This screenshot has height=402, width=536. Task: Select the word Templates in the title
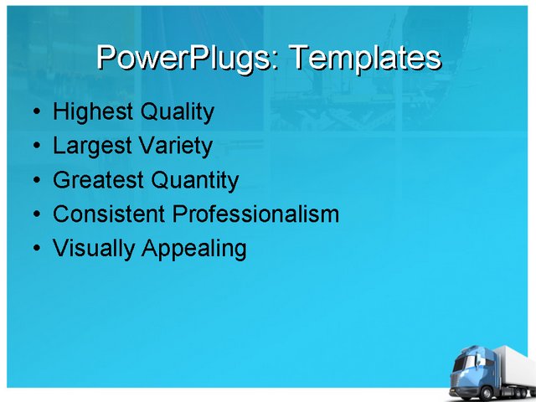(x=363, y=58)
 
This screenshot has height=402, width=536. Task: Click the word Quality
(x=177, y=111)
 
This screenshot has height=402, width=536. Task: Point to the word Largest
(x=90, y=146)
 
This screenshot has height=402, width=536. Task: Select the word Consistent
(x=109, y=214)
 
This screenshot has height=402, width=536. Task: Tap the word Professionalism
(x=255, y=214)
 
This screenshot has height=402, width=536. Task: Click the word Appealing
(x=194, y=249)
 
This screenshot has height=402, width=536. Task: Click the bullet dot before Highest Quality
(x=34, y=112)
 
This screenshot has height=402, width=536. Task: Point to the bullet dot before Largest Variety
(x=34, y=147)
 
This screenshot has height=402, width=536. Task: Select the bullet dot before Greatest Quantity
(x=34, y=181)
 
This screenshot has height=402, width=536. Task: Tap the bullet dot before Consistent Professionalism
(x=34, y=215)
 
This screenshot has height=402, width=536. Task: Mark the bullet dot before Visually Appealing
(x=34, y=250)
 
